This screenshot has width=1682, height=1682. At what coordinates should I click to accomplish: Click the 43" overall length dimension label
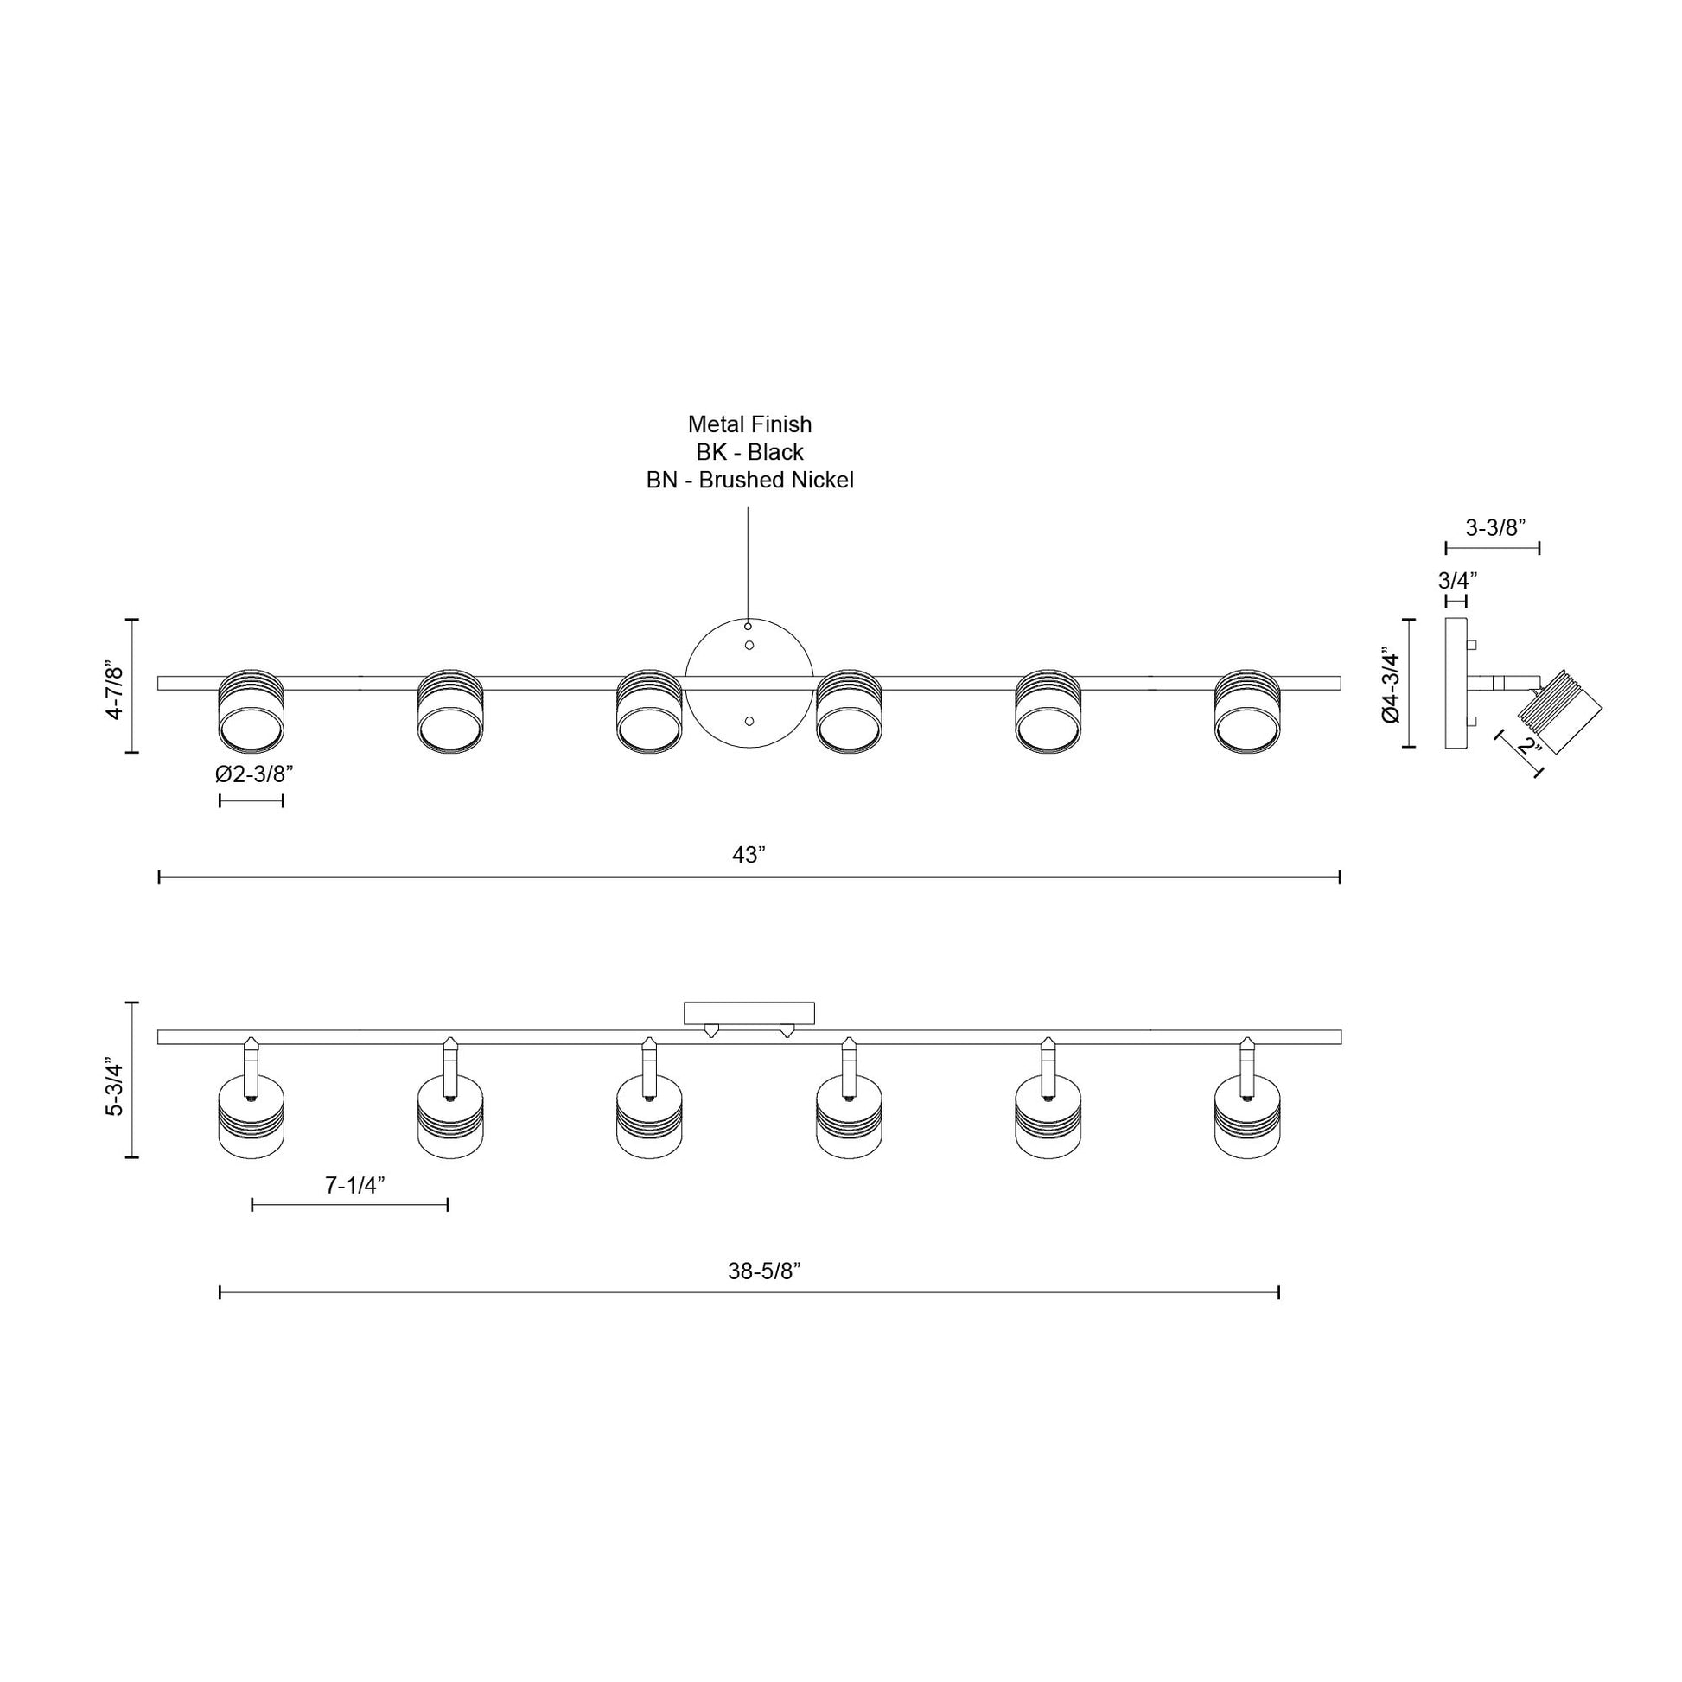[x=748, y=856]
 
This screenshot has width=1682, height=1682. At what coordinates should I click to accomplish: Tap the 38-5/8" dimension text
[x=764, y=1272]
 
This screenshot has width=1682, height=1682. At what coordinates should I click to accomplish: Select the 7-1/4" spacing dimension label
[x=355, y=1185]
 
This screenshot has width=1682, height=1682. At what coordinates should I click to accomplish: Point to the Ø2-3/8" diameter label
[x=251, y=774]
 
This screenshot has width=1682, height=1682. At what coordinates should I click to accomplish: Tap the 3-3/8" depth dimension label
[x=1495, y=527]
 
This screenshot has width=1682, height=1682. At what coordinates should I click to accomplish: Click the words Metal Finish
[x=749, y=424]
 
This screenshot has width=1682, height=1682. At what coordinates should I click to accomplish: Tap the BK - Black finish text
[x=749, y=452]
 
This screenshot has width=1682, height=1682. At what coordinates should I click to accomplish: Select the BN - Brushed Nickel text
[x=749, y=480]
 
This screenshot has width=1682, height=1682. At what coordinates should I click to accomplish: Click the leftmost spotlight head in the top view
[x=251, y=711]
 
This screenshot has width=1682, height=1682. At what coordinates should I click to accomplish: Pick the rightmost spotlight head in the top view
[x=1247, y=711]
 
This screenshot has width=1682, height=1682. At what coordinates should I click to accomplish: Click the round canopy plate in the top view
[x=749, y=683]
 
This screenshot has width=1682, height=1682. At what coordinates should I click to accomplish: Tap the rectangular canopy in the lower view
[x=749, y=1013]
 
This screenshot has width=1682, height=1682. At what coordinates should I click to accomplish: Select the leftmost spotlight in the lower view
[x=251, y=1118]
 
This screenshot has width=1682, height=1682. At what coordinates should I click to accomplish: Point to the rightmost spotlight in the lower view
[x=1247, y=1118]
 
